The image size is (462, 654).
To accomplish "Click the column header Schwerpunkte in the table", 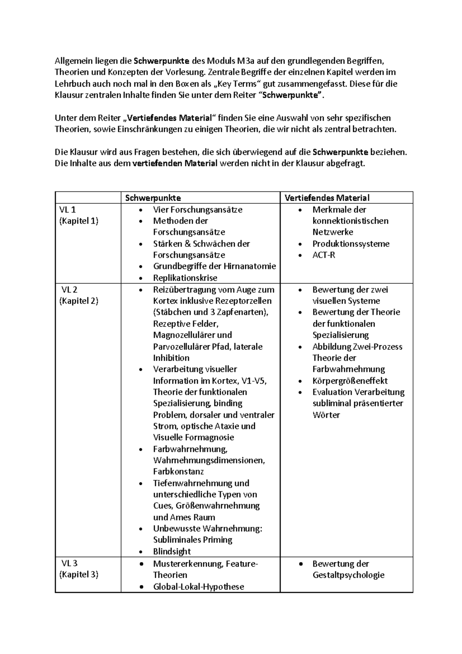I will pos(153,198).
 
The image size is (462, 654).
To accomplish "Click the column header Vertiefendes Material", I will pos(327,198).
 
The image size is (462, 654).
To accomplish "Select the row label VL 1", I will pos(68,210).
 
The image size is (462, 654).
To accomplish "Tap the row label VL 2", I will pos(70,290).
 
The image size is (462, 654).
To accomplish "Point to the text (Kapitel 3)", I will pos(79,575).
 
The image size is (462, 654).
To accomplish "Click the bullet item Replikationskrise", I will pos(185,278).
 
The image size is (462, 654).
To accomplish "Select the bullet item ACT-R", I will pos(323,255).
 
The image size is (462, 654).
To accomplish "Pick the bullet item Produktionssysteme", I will pos(351,244).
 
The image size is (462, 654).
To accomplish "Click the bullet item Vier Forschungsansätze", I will pos(198,210).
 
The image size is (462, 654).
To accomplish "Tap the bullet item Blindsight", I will pos(172,552).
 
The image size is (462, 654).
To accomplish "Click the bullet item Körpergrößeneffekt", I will pos(350,381).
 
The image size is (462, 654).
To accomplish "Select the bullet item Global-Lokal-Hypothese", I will pos(198,587).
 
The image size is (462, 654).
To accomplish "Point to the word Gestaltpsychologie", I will pos(348,575).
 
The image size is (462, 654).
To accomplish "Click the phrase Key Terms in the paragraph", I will pos(236,84).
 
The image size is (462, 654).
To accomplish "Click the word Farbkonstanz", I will pos(178,472).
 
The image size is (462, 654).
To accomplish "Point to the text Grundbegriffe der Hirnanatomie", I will pos(214,267).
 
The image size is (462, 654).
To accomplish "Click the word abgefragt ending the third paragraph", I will pos(345,163).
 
